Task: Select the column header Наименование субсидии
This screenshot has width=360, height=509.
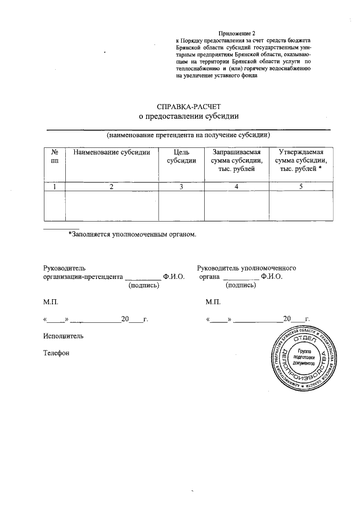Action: pyautogui.click(x=112, y=152)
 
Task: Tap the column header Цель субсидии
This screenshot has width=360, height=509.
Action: pyautogui.click(x=181, y=156)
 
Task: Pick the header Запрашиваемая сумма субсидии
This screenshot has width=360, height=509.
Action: pyautogui.click(x=236, y=160)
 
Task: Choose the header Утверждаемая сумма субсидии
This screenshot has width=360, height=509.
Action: pyautogui.click(x=300, y=160)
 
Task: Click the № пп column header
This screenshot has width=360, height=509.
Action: pyautogui.click(x=55, y=156)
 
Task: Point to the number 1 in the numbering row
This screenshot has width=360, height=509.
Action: pyautogui.click(x=55, y=187)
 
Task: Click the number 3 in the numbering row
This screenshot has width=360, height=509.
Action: pyautogui.click(x=181, y=187)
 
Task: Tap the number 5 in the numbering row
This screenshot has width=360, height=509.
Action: pyautogui.click(x=300, y=187)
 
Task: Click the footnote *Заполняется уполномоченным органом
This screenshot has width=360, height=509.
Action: pyautogui.click(x=132, y=233)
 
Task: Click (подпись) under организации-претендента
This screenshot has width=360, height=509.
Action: pyautogui.click(x=144, y=286)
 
